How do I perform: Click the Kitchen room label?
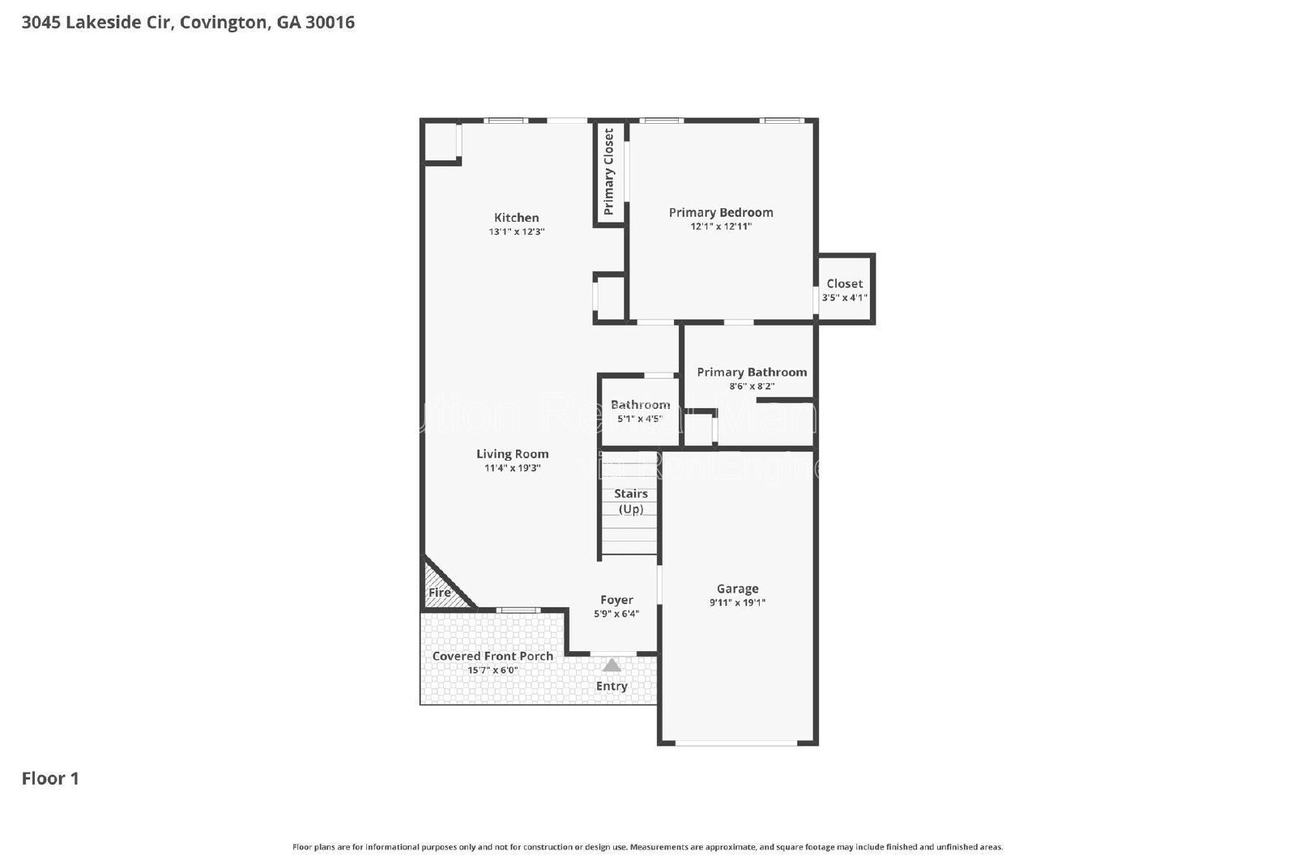coord(516,217)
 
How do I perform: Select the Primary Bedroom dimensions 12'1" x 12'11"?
coord(720,227)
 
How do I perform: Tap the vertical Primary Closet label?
coord(609,172)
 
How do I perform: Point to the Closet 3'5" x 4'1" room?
coord(844,290)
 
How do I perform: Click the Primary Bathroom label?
coord(751,372)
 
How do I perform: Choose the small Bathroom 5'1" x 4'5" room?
coord(639,411)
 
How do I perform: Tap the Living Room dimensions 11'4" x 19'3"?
coord(512,468)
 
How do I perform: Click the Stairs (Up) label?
coord(630,500)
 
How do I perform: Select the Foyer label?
coord(616,599)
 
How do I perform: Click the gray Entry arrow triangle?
coord(612,666)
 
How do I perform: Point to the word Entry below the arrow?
coord(612,686)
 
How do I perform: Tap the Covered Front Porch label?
coord(492,656)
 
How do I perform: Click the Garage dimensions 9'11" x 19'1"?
coord(737,602)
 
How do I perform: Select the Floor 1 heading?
coord(50,778)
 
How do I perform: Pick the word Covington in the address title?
coord(223,22)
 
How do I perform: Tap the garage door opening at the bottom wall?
coord(736,742)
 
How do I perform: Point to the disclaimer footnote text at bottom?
coord(647,847)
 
